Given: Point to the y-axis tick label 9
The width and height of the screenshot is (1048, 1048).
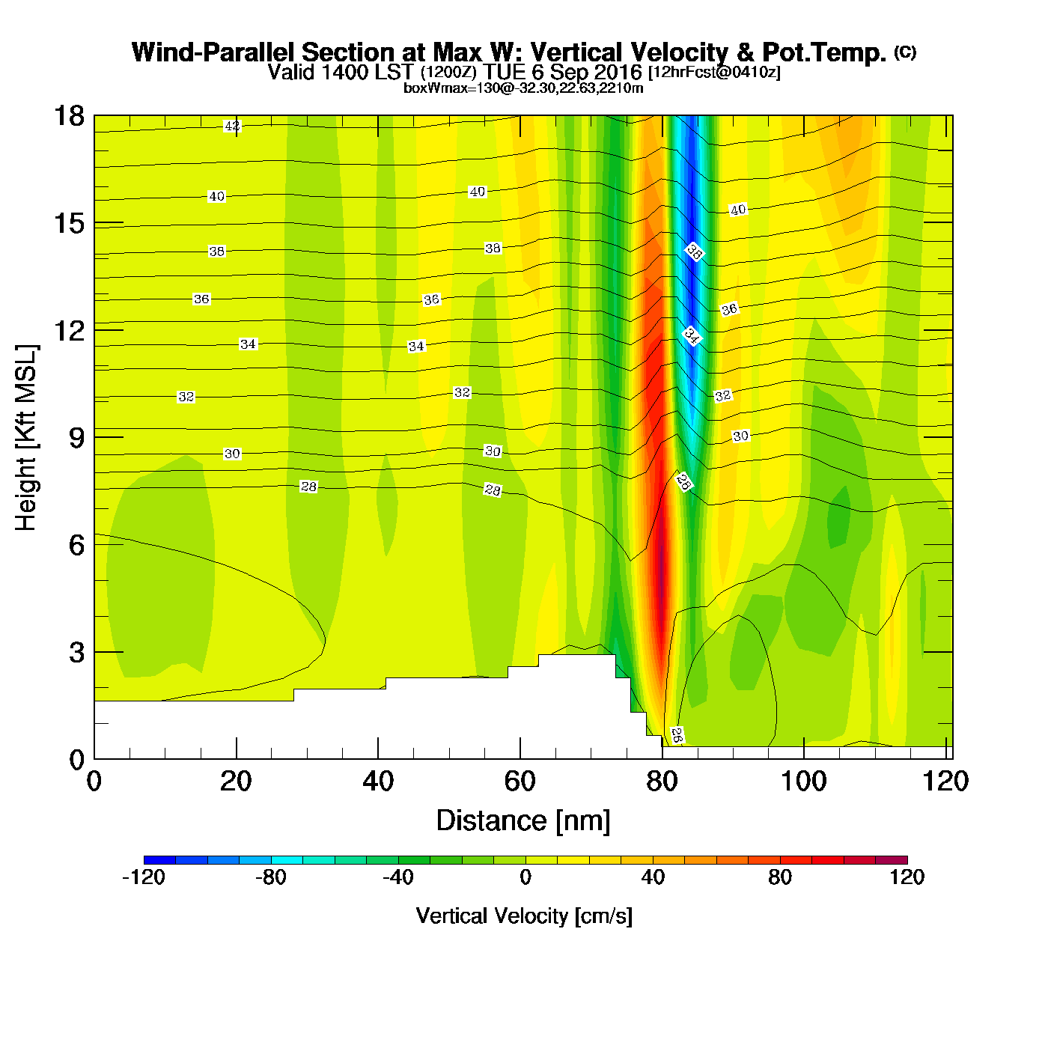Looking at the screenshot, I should coord(76,438).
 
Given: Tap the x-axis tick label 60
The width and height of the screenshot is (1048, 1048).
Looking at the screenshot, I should coord(520,782).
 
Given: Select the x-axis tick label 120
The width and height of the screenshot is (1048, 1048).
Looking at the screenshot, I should coord(945,782).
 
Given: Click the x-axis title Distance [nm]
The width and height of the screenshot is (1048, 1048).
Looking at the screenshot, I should coord(523,820).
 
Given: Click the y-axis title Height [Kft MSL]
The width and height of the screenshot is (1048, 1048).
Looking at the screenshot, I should coord(26,438).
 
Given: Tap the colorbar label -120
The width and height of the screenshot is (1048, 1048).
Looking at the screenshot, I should coord(143,877).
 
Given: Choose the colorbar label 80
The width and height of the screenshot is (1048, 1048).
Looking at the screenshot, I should coord(780,877).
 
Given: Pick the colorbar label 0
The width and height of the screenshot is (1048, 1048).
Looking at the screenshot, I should coord(525,877).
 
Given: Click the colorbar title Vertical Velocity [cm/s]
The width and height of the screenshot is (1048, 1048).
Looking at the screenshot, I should coord(524,916).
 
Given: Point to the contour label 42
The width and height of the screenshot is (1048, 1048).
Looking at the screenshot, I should coord(233,126).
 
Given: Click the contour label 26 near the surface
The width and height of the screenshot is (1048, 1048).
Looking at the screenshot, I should coord(677,735).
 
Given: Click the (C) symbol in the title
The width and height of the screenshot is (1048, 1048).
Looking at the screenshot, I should coord(905,52).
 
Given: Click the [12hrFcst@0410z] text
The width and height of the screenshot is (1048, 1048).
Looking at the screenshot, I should coord(714,73).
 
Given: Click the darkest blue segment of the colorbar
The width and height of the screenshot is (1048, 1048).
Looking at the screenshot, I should coord(159,859).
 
